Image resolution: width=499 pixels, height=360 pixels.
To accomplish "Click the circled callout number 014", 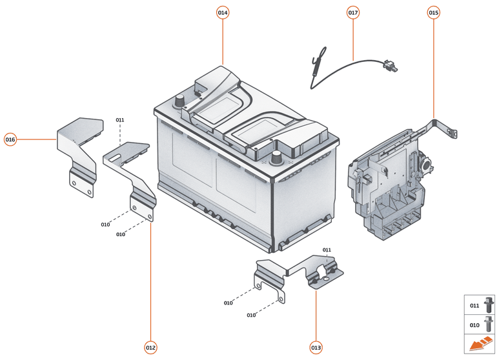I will [x=223, y=12].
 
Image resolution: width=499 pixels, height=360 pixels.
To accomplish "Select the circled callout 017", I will [x=353, y=12].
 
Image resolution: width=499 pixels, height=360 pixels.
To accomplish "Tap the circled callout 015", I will [x=433, y=12].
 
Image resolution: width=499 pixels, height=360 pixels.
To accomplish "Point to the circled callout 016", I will [x=10, y=139].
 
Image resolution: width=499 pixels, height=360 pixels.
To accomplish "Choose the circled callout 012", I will [x=150, y=348].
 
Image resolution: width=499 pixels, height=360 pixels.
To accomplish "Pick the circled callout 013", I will [x=316, y=348].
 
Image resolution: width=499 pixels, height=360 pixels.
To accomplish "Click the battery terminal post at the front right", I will [x=278, y=157].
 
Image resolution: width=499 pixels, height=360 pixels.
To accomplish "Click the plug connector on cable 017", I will [x=389, y=65].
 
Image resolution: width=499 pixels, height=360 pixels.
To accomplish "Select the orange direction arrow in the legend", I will [x=479, y=345].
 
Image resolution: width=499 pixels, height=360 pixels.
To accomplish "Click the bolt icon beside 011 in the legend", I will [x=488, y=305].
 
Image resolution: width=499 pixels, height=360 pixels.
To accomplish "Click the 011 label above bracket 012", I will [x=120, y=120].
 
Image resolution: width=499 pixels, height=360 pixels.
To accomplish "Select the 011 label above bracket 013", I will [x=327, y=250].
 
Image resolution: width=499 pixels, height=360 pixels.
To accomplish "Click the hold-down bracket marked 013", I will [x=298, y=274].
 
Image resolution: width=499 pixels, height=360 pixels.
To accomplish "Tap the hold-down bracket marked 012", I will [x=132, y=171].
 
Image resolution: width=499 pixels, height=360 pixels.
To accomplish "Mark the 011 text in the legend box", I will [x=474, y=305].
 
